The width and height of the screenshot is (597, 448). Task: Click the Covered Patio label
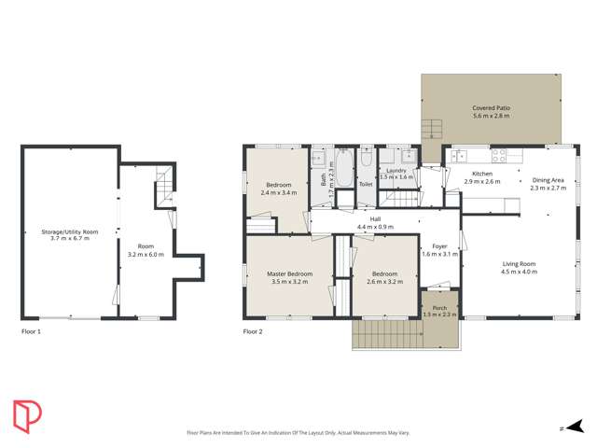click(490, 112)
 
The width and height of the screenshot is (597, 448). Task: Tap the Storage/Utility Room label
click(69, 235)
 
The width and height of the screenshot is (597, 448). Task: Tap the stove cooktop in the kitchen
click(498, 157)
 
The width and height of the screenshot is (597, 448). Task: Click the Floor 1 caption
click(32, 331)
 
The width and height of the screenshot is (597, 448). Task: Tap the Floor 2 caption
click(253, 331)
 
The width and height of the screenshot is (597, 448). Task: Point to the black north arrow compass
click(576, 427)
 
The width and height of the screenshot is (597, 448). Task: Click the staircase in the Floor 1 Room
click(163, 185)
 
